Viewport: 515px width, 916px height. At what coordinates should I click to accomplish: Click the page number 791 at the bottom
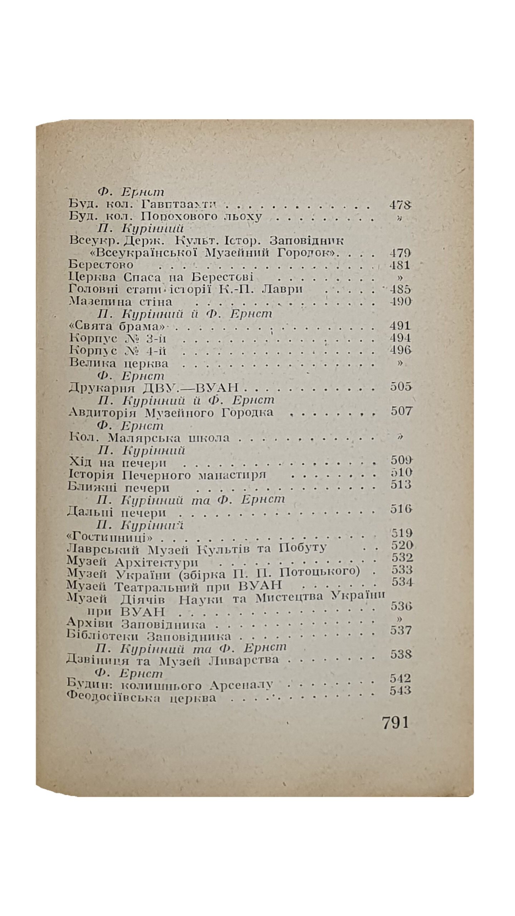point(395,722)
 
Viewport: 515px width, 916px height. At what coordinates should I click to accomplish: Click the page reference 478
point(400,205)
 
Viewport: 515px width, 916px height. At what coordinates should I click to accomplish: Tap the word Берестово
point(101,265)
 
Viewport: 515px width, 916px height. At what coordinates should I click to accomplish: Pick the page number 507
point(401,411)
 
